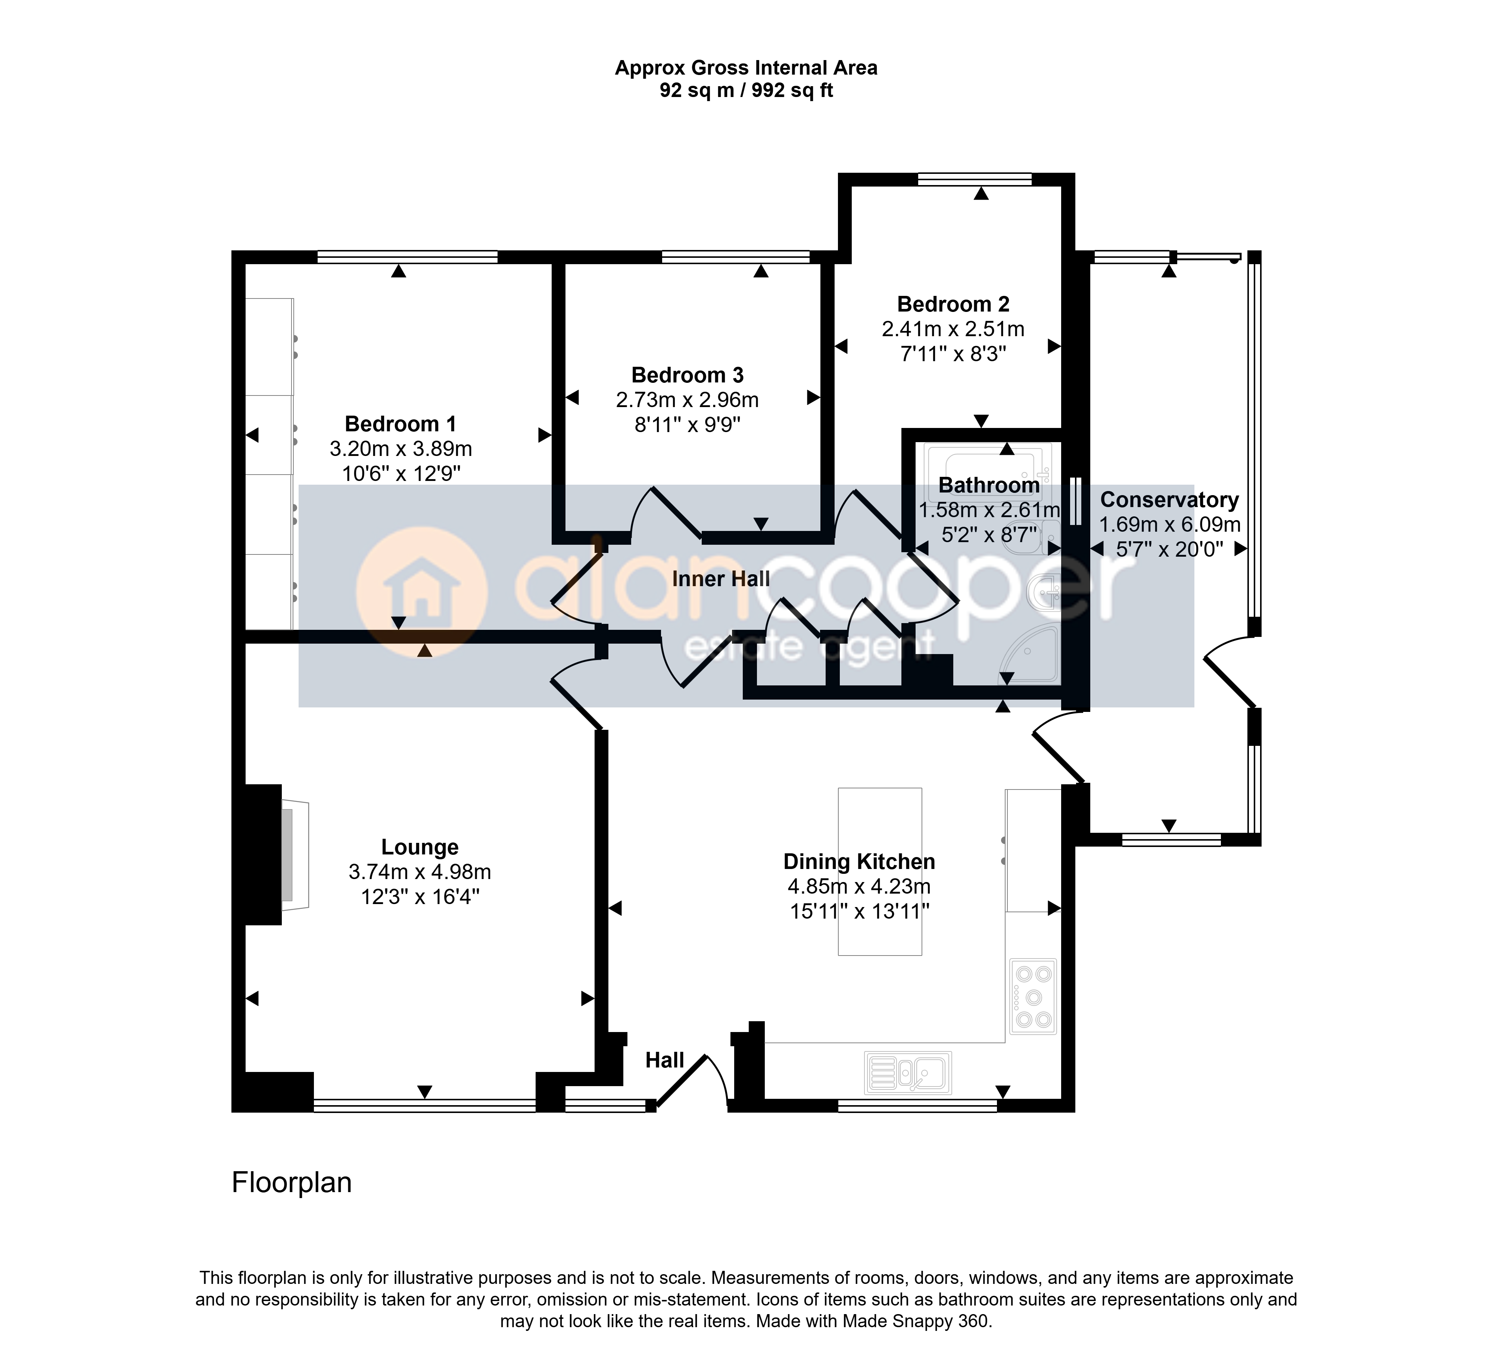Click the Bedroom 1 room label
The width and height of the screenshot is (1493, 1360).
400,424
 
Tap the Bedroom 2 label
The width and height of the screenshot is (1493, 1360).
953,304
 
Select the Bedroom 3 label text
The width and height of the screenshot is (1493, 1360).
687,375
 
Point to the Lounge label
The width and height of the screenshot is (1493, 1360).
420,847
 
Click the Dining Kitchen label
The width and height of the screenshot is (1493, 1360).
859,862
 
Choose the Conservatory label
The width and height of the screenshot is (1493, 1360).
1169,500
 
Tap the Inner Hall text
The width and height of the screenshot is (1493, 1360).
721,579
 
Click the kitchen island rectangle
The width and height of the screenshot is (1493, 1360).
880,871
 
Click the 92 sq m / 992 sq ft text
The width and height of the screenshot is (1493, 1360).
746,90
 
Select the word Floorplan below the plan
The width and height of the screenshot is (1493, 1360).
292,1182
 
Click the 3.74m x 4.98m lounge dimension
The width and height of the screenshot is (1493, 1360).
420,872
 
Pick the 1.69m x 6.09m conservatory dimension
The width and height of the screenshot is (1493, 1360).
1169,525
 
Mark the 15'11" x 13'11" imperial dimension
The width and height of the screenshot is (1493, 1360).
859,912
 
